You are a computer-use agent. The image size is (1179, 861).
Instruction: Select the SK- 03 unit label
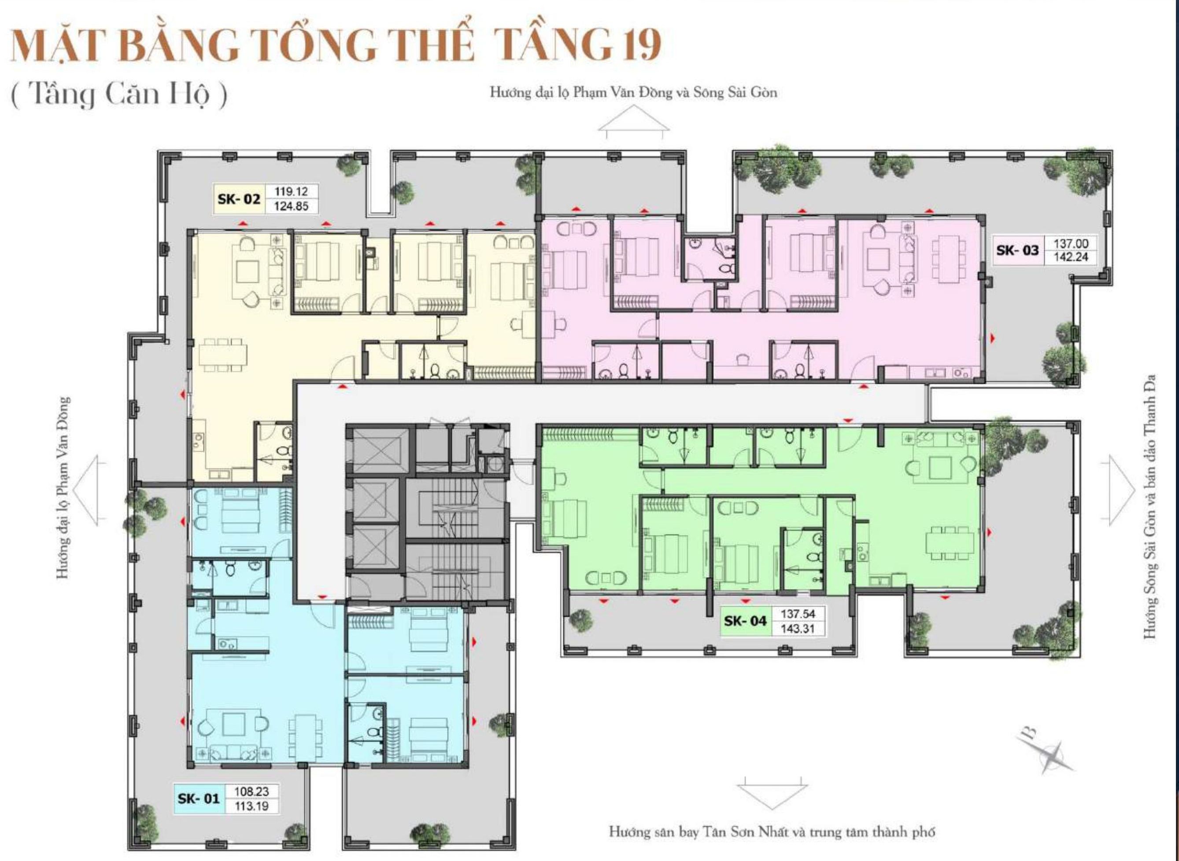point(1017,250)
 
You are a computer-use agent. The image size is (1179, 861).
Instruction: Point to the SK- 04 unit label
point(745,621)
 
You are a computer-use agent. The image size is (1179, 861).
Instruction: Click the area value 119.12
point(291,191)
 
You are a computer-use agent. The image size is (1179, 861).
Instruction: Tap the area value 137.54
point(798,614)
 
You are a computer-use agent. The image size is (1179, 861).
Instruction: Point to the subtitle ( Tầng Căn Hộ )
point(119,96)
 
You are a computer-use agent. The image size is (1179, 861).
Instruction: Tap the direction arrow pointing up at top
point(634,122)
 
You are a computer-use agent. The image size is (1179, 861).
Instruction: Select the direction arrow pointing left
point(85,490)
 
